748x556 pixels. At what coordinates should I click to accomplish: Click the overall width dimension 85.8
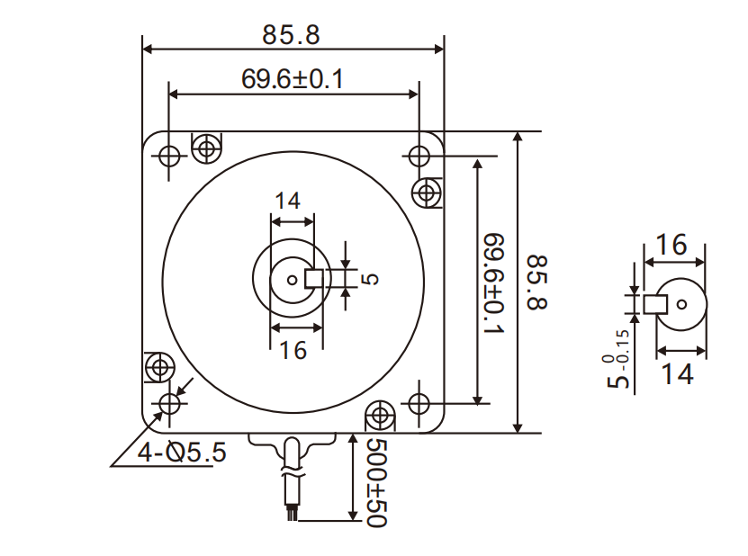(x=291, y=35)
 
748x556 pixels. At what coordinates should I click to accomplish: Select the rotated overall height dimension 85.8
(x=536, y=282)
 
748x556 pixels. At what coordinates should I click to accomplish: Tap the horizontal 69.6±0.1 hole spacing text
(x=292, y=79)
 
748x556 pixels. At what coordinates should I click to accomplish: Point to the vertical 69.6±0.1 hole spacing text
(x=494, y=282)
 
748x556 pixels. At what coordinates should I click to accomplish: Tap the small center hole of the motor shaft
(x=293, y=279)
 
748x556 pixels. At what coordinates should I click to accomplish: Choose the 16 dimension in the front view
(x=293, y=350)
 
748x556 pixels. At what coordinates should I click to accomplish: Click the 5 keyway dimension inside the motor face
(x=369, y=279)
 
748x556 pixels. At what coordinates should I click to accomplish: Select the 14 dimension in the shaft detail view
(x=677, y=373)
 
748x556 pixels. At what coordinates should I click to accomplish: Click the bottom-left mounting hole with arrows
(x=168, y=403)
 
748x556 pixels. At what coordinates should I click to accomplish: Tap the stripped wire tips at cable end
(x=291, y=514)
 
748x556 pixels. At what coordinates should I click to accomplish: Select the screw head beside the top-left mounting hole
(x=207, y=147)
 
